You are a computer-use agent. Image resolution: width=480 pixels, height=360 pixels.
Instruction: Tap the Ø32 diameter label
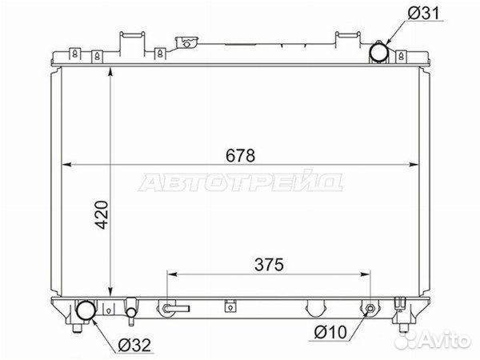tap(134, 346)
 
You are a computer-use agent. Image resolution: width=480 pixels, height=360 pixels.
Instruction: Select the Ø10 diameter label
tap(330, 332)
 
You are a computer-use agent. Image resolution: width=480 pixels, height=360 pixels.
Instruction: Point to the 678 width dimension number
tap(240, 155)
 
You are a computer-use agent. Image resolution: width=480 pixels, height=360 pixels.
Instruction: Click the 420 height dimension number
tap(102, 214)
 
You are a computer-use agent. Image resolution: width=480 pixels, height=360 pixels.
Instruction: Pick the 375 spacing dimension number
tap(269, 265)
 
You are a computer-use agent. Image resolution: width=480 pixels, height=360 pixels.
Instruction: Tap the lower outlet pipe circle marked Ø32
tap(86, 310)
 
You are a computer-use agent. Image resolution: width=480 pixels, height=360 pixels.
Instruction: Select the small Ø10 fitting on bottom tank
tap(370, 308)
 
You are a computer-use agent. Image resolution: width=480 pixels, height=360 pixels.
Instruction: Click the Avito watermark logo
tap(432, 339)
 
